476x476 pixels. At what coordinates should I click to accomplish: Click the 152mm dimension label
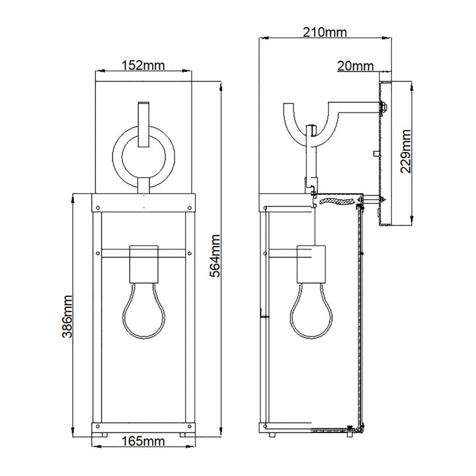pos(143,65)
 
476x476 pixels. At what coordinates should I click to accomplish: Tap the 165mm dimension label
pos(143,458)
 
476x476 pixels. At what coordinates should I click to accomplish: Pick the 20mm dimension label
pos(355,65)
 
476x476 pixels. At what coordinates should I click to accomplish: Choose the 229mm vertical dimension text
pos(407,151)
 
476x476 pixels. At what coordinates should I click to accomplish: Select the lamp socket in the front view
pos(143,264)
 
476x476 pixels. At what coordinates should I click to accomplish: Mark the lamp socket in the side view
pos(309,264)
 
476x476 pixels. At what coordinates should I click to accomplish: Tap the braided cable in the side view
pos(335,200)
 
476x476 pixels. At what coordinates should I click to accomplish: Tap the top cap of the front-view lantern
pos(143,200)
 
